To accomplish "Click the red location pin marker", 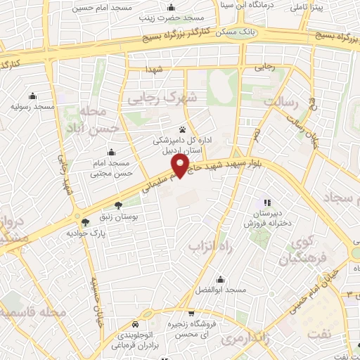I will click(183, 165).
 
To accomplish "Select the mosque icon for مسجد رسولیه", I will click(32, 96).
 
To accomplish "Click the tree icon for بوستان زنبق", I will click(117, 206).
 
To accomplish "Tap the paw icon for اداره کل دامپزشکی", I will click(183, 129).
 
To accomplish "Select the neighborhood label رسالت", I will click(282, 103).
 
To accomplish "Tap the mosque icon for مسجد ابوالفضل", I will click(221, 279).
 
